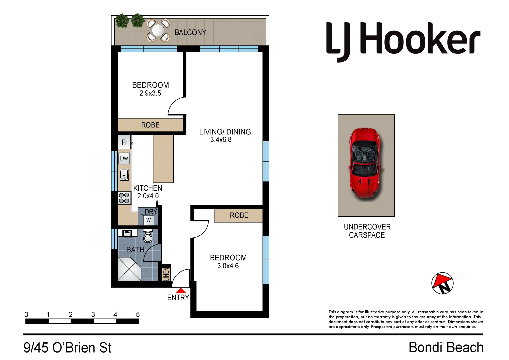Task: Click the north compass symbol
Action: click(442, 283)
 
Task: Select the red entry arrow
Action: click(180, 291)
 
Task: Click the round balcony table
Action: click(158, 30)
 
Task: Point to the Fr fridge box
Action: click(124, 142)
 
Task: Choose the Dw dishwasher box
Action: click(124, 158)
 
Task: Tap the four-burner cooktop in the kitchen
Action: click(124, 198)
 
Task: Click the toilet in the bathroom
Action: click(148, 236)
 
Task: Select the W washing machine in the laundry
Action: click(148, 220)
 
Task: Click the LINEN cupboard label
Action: click(166, 274)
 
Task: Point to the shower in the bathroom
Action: click(129, 269)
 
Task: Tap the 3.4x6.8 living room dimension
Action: click(221, 140)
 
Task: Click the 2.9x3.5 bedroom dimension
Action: click(150, 93)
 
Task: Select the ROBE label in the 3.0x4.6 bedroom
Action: click(239, 215)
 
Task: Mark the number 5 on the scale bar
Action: click(138, 314)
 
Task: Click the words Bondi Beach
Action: click(446, 347)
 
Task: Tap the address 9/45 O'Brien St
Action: click(67, 348)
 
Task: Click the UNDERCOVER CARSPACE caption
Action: click(367, 231)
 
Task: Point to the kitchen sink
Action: click(124, 175)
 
